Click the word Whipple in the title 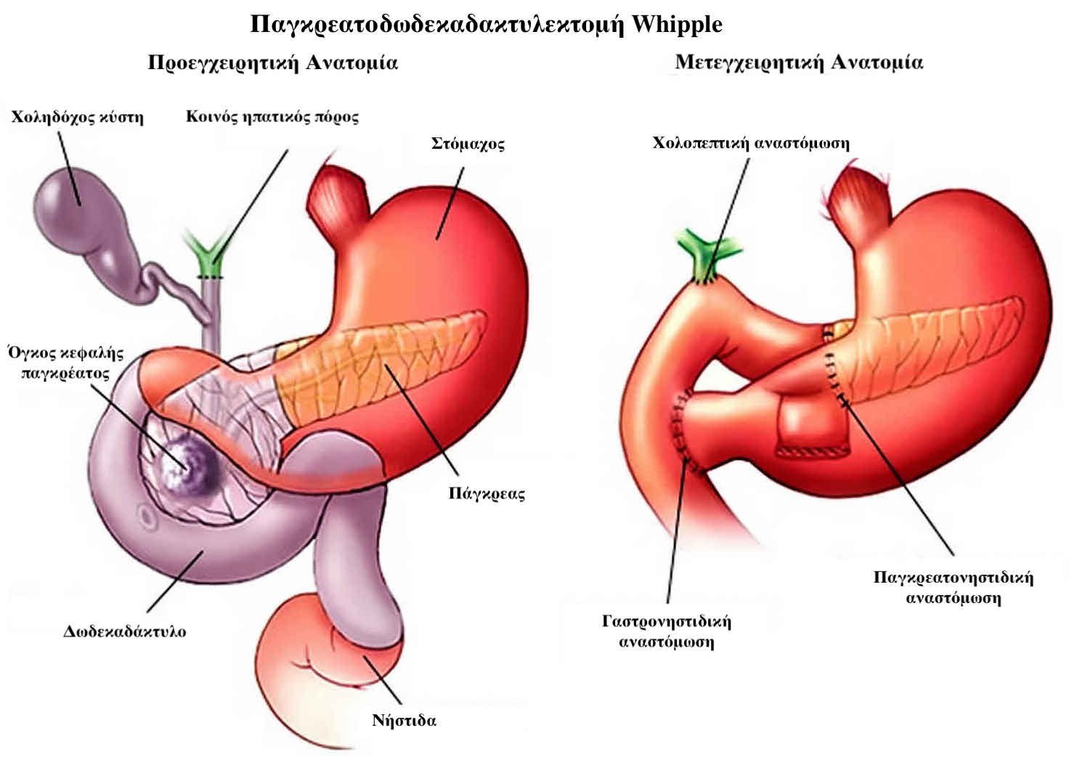pos(677,25)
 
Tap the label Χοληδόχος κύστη pos(78,117)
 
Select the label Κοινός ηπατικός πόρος pos(272,117)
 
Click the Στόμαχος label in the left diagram pos(468,144)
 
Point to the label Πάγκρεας pos(487,493)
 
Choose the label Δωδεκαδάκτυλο pos(124,631)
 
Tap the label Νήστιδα pos(404,720)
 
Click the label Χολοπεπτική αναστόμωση pos(751,143)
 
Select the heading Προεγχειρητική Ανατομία pos(273,63)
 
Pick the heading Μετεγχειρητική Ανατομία pos(799,62)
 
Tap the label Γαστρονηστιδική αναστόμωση pos(667,631)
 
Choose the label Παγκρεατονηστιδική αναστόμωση pos(954,587)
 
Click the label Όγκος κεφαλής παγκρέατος pos(66,363)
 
